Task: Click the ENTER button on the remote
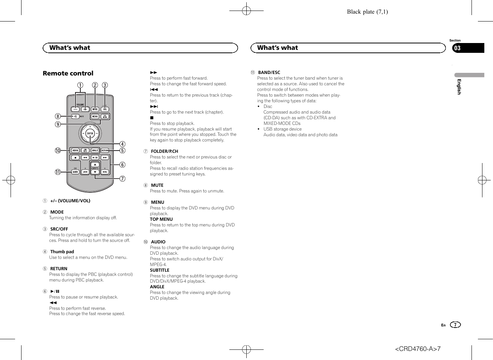(90, 133)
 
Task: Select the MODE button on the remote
(95, 109)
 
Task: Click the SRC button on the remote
(105, 109)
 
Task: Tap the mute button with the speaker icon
(75, 117)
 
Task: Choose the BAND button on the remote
(75, 172)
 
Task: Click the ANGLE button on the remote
(95, 151)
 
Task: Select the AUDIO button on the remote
(75, 151)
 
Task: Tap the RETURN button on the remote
(105, 151)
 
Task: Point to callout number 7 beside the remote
(123, 178)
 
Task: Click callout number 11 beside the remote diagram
(58, 172)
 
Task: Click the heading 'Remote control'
(68, 73)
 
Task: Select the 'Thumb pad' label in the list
(62, 252)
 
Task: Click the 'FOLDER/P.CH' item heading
(164, 151)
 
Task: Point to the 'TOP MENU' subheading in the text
(161, 219)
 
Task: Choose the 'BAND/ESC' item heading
(269, 72)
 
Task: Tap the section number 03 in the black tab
(457, 48)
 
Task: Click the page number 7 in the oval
(455, 325)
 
